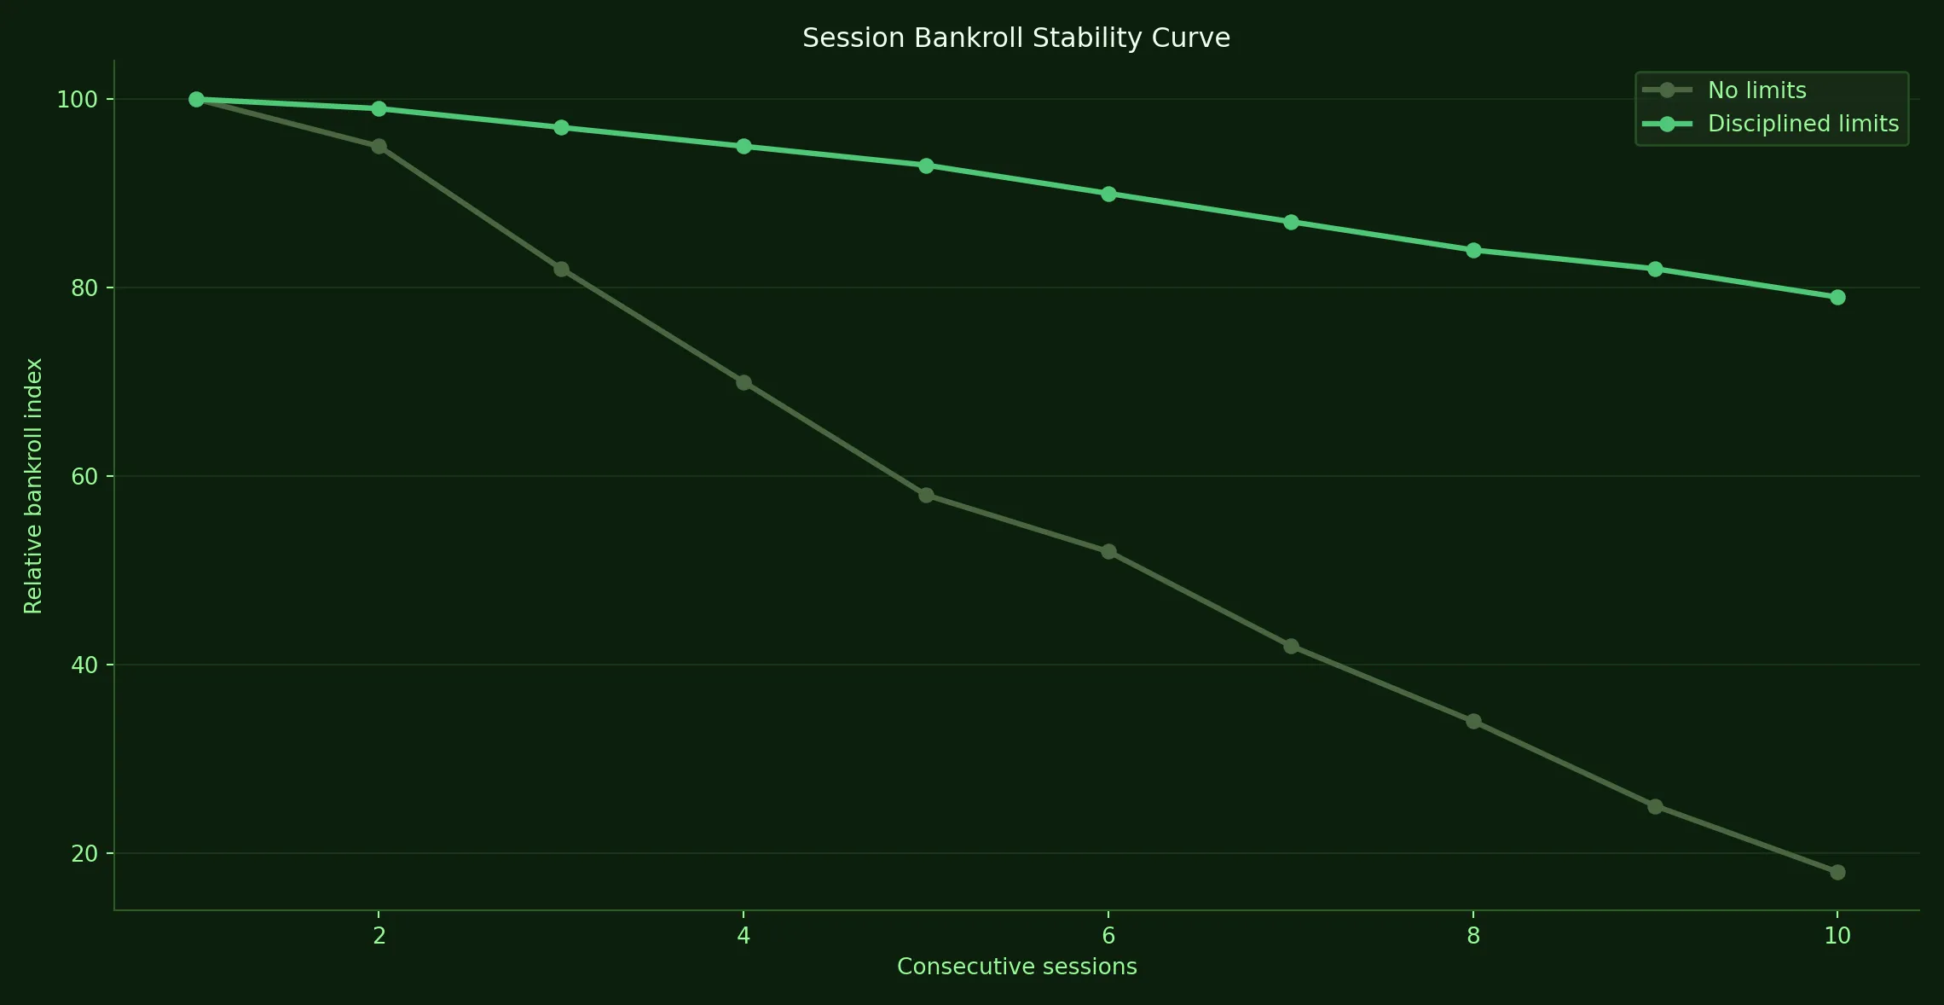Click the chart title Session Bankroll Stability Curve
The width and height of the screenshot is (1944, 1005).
click(1015, 38)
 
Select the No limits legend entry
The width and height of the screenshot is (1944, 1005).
click(1756, 90)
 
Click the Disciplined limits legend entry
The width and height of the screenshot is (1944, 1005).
click(1802, 124)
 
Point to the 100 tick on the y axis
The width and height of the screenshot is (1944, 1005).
click(77, 100)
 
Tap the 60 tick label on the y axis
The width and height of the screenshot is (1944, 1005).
click(84, 477)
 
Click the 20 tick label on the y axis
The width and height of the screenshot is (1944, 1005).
click(84, 854)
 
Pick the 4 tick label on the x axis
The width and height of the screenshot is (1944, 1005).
click(743, 936)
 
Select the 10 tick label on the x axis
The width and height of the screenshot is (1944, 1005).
click(1837, 936)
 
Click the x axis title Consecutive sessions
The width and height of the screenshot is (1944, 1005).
click(1016, 967)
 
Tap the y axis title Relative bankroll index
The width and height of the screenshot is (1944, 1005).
click(33, 485)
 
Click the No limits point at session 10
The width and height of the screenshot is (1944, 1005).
click(1837, 872)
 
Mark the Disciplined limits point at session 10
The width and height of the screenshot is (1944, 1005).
click(1837, 297)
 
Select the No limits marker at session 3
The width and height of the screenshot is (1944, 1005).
click(561, 270)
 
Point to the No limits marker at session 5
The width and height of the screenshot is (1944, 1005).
click(926, 495)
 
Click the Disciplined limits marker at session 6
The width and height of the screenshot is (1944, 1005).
click(1108, 194)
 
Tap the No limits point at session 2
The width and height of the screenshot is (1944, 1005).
click(379, 147)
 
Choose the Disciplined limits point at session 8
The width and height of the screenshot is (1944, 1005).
click(1473, 250)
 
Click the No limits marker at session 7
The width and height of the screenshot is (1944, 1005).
click(1291, 646)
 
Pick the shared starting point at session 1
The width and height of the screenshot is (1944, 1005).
click(196, 100)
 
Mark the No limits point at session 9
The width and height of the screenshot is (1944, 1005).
click(1655, 806)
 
